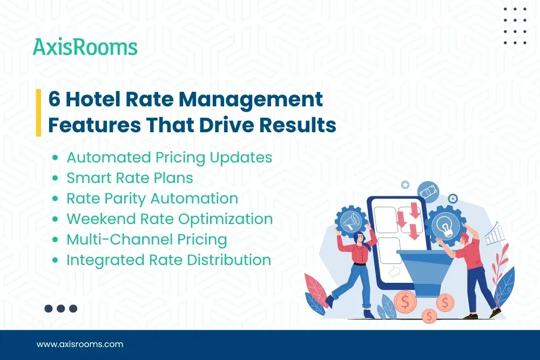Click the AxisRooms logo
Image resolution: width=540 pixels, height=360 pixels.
click(85, 47)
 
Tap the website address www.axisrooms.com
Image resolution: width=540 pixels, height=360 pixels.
click(80, 344)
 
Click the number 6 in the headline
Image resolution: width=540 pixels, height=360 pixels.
click(54, 100)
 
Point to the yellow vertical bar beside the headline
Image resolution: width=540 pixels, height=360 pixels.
click(38, 112)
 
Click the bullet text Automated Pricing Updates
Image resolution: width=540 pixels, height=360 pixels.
click(169, 158)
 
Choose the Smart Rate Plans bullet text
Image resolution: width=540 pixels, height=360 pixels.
click(130, 178)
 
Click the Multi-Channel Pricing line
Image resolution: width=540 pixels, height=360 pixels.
click(146, 240)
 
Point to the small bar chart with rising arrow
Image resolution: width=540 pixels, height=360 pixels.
click(495, 234)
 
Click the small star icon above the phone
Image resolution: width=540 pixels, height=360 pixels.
click(405, 185)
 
